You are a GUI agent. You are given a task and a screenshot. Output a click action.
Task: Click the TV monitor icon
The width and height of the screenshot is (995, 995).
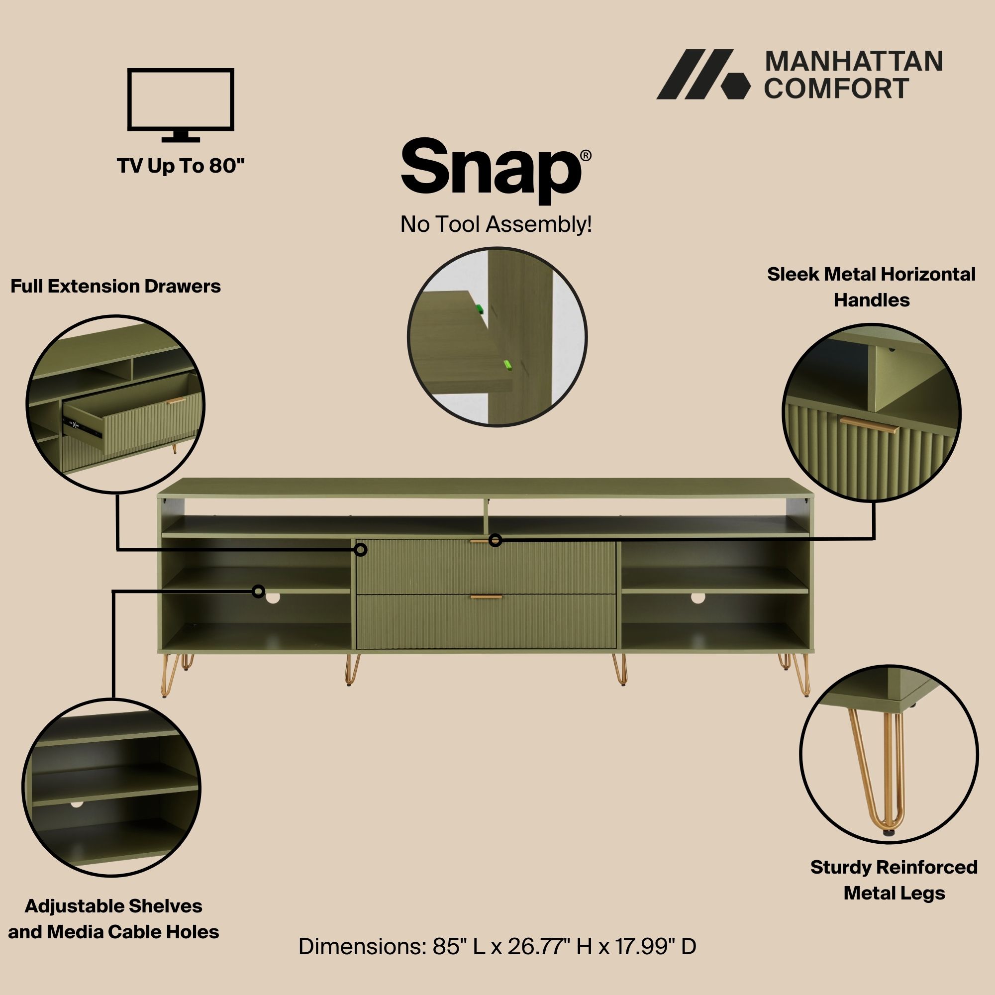click(180, 104)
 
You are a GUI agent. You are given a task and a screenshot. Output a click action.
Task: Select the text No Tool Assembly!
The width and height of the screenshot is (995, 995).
click(496, 224)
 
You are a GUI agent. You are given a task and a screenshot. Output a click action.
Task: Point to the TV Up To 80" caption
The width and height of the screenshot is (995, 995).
click(180, 166)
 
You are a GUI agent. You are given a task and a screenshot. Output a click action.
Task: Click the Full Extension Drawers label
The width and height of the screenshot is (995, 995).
click(115, 287)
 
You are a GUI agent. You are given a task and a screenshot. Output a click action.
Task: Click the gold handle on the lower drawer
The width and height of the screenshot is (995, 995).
click(486, 597)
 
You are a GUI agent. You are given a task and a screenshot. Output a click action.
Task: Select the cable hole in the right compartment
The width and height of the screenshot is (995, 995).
click(698, 597)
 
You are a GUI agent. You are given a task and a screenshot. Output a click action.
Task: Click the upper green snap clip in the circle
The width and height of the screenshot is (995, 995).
click(480, 309)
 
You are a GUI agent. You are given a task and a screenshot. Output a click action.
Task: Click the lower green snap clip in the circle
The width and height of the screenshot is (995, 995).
click(507, 365)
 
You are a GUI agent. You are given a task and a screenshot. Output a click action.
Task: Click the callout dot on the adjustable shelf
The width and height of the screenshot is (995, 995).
click(259, 591)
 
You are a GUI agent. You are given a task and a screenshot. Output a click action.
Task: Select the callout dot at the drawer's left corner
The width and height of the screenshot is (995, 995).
click(361, 550)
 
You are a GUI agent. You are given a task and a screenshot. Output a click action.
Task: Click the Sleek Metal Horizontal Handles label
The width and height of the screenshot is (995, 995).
click(872, 287)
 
